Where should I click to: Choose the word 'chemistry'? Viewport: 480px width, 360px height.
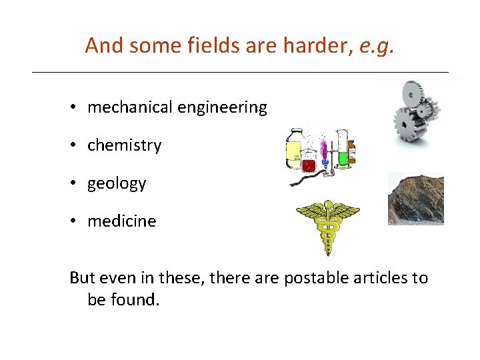point(124,145)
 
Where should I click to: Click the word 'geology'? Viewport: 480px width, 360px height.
point(117,184)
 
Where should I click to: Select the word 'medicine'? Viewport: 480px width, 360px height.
point(121,221)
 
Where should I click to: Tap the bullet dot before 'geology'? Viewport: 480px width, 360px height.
point(79,184)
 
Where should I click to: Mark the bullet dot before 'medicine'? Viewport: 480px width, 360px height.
point(79,222)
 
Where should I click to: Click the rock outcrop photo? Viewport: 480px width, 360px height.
point(415,198)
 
